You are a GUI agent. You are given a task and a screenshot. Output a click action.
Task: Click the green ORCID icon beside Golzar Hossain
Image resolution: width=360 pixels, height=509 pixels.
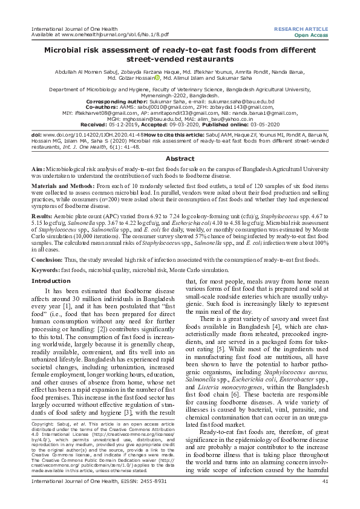coord(158,77)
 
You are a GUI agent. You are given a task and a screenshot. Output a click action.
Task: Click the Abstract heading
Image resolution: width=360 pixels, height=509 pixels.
coord(180,158)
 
